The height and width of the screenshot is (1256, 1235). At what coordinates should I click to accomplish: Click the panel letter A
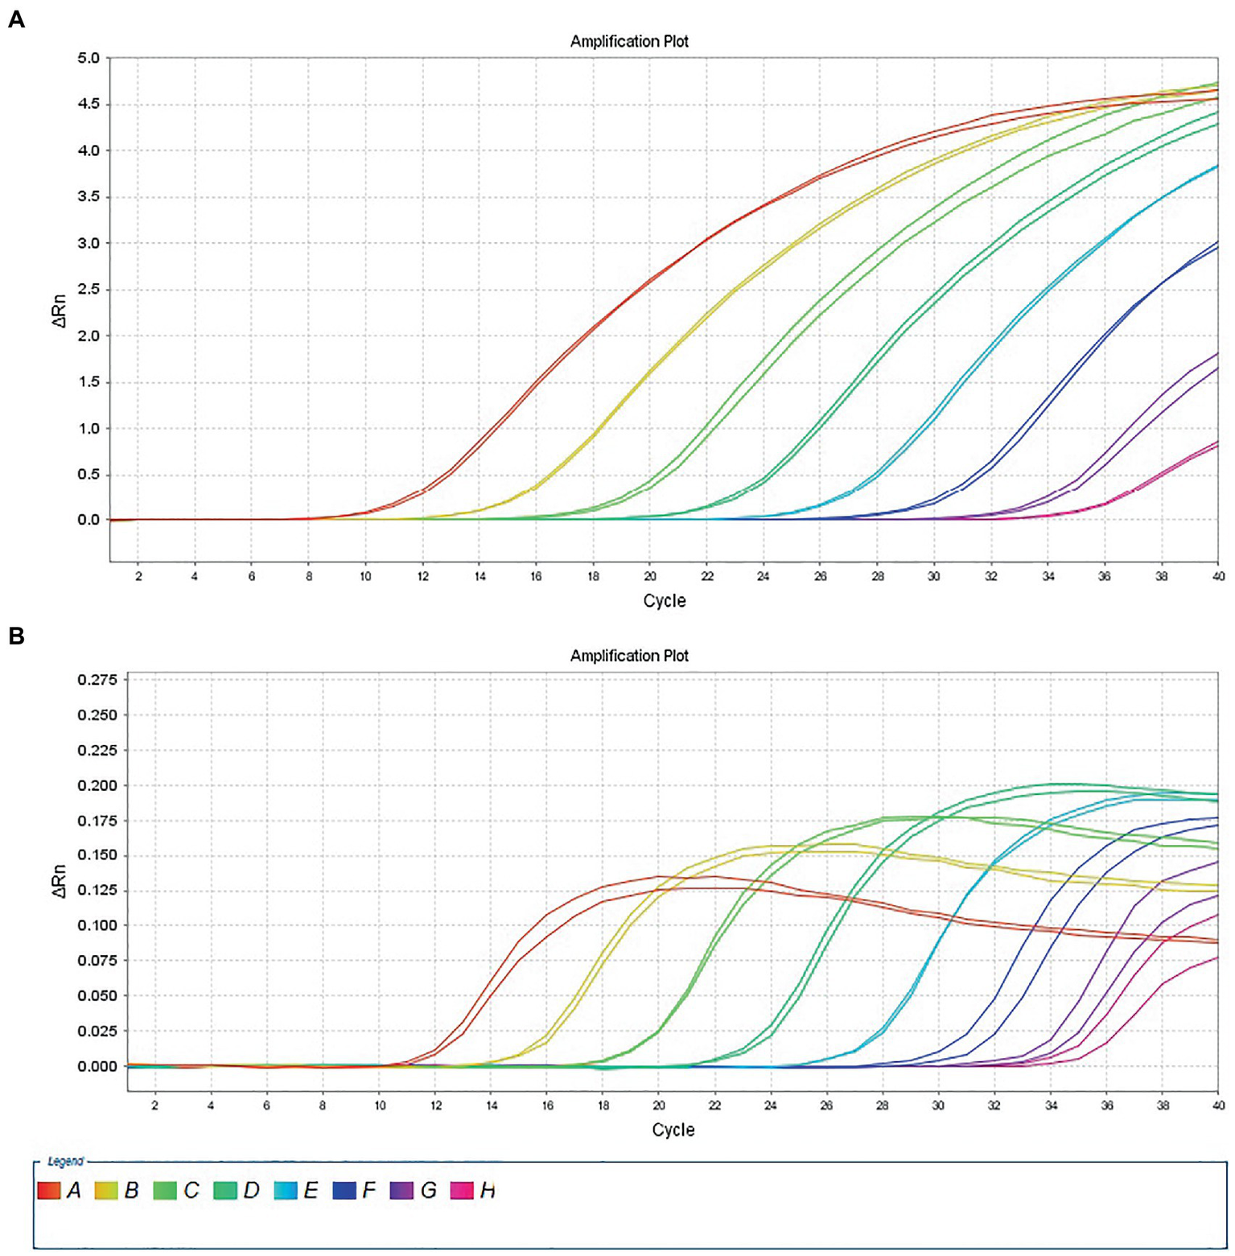(x=16, y=19)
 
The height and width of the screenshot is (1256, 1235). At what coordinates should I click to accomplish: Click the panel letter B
(x=16, y=636)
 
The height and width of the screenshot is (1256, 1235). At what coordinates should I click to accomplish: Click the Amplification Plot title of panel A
(x=629, y=41)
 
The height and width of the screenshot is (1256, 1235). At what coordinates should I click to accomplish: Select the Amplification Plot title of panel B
(x=629, y=656)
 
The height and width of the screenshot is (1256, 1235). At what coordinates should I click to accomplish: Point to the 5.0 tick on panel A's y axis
(x=89, y=58)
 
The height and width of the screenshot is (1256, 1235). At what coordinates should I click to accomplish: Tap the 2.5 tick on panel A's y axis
(x=89, y=290)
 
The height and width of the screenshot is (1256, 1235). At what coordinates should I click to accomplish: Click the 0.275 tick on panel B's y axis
(x=97, y=680)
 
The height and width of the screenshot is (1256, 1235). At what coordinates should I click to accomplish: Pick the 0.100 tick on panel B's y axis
(x=97, y=925)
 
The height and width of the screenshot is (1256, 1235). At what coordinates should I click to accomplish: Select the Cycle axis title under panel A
(x=665, y=601)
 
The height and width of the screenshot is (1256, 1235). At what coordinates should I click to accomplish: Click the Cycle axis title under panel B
(x=673, y=1130)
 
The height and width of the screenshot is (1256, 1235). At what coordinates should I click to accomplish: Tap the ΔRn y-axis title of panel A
(x=60, y=311)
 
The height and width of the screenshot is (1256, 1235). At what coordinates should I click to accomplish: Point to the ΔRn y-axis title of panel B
(x=60, y=881)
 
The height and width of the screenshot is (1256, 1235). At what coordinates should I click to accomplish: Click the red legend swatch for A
(x=49, y=1190)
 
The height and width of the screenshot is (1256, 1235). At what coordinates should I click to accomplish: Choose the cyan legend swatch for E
(x=286, y=1190)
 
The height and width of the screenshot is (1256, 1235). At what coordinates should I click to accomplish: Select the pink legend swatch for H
(x=462, y=1190)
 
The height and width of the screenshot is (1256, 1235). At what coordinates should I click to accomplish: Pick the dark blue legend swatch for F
(x=344, y=1190)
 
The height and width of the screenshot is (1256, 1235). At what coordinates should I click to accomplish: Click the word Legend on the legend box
(x=65, y=1161)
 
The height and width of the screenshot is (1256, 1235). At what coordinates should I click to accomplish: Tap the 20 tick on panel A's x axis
(x=650, y=576)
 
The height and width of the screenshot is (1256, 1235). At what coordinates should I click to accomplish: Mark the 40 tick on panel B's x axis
(x=1218, y=1106)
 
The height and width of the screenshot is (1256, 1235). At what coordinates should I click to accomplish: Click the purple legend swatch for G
(x=401, y=1190)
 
